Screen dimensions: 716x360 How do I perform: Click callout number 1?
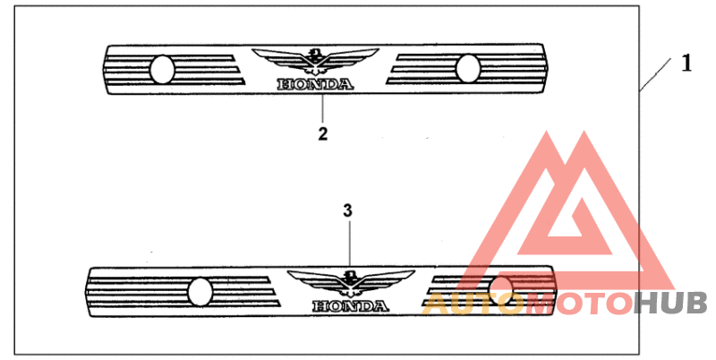686,64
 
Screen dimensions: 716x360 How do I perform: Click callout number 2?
323,133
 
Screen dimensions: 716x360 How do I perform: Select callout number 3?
347,210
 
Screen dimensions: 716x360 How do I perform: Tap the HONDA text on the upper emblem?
315,84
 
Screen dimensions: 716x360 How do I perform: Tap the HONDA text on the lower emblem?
351,305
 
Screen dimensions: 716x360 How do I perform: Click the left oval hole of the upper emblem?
162,69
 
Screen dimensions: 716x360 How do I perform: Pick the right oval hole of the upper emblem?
468,69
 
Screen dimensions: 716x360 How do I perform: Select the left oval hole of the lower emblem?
200,291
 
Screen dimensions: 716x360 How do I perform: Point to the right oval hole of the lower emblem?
502,290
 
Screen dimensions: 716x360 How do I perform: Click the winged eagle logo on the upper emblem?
315,61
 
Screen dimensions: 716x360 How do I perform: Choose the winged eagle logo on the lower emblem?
351,283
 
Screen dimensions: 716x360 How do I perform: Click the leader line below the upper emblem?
322,108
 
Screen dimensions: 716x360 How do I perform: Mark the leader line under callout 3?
350,243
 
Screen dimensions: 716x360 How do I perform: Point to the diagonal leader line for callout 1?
655,75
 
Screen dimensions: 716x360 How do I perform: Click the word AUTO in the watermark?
473,304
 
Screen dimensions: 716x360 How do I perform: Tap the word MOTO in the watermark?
578,304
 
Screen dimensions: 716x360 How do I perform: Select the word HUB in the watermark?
670,304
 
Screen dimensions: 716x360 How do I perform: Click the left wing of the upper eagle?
279,57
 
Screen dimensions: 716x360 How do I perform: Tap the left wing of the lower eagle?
315,280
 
